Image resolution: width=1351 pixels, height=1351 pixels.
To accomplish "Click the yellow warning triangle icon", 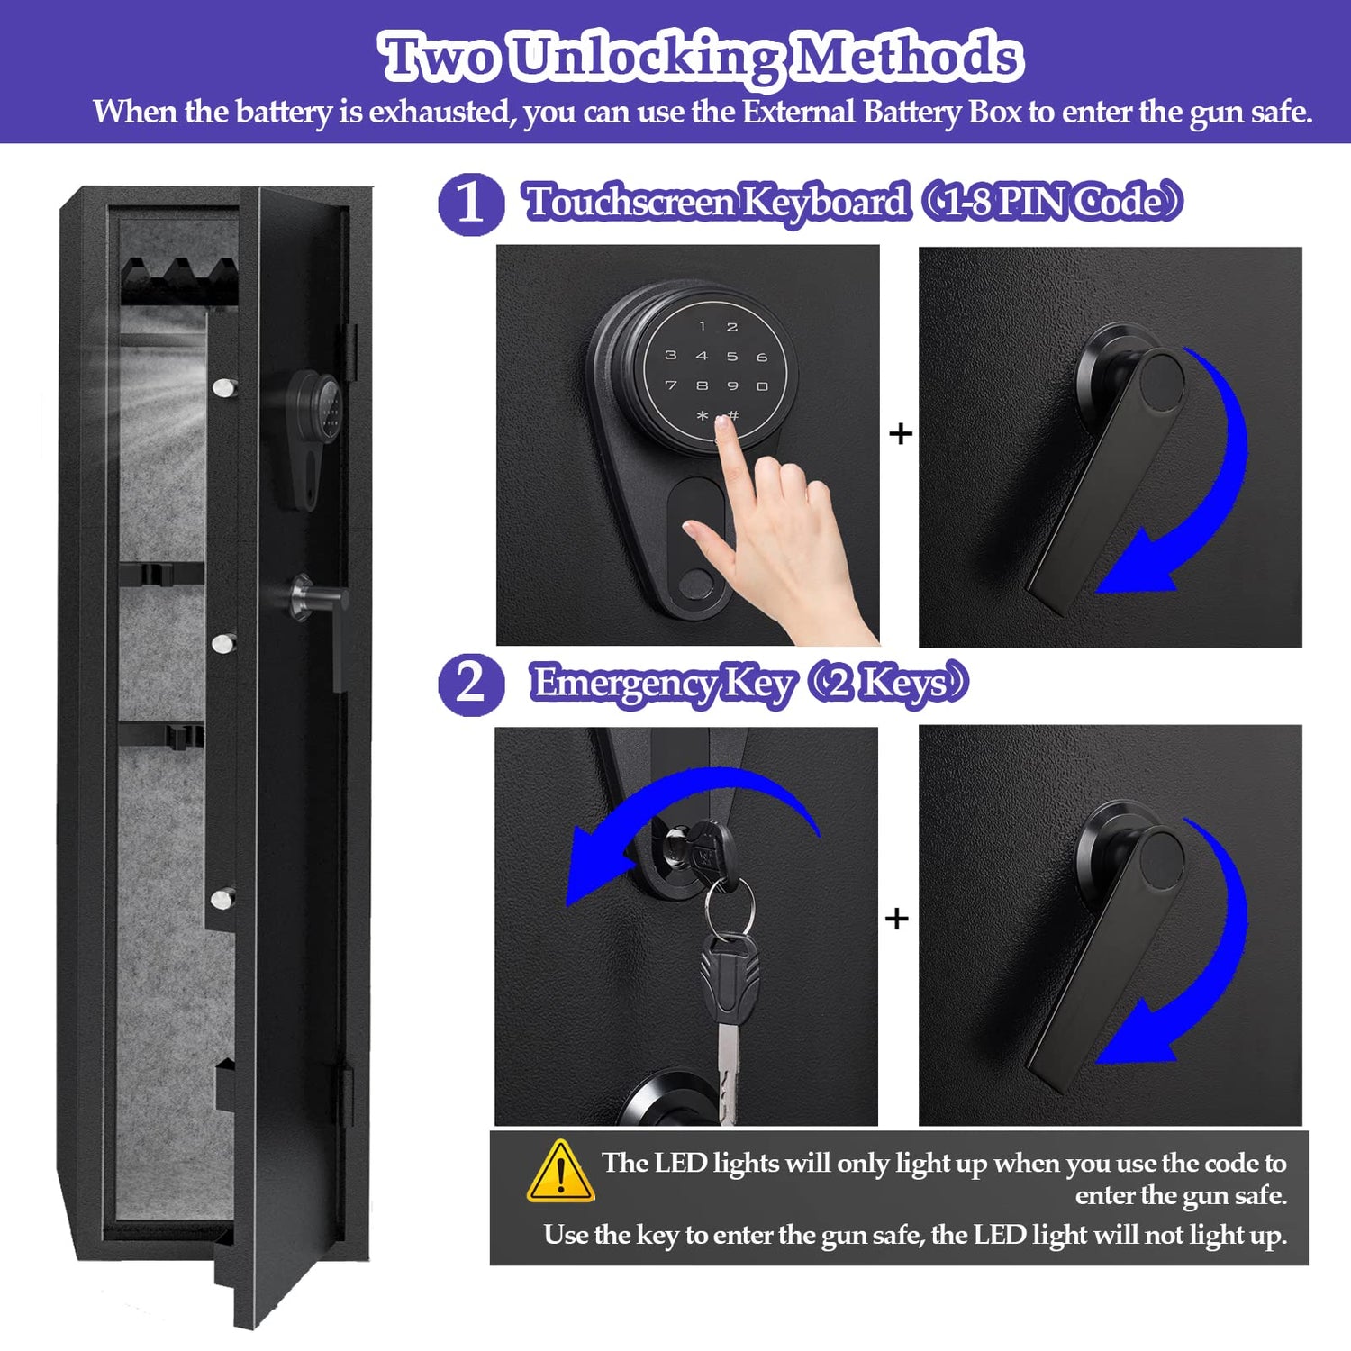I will coord(560,1173).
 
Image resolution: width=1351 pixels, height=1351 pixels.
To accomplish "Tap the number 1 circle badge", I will coord(470,204).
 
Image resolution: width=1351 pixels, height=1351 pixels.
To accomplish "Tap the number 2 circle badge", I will coord(470,685).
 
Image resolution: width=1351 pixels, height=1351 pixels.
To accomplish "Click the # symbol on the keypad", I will coord(733,415).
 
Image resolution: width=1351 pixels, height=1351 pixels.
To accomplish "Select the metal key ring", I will coord(729,905).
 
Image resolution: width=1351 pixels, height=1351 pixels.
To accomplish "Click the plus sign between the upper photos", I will coord(900,434).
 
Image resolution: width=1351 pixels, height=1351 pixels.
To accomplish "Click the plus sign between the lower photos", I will coord(896,919).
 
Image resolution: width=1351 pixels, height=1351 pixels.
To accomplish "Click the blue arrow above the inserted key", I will coord(685,811).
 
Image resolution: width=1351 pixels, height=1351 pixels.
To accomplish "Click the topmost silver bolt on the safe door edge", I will coord(222,388).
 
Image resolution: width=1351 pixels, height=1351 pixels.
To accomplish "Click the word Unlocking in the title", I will coord(645,58).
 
